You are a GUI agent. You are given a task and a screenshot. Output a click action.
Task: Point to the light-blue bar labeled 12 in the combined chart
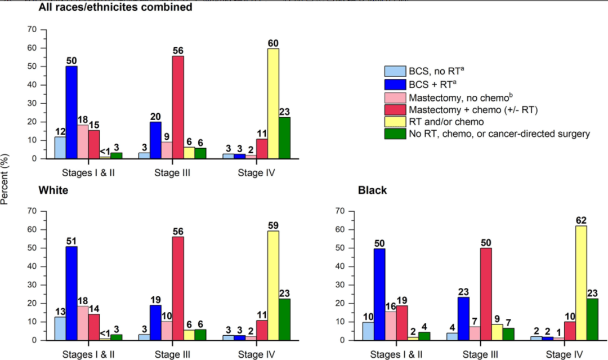[x=60, y=148]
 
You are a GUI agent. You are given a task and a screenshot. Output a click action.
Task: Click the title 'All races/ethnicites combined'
[x=115, y=7]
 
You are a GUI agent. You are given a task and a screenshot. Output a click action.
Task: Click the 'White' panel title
[x=53, y=190]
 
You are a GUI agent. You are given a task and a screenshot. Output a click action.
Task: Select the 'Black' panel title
[x=373, y=190]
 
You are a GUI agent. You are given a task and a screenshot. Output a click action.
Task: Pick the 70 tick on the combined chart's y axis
[x=33, y=29]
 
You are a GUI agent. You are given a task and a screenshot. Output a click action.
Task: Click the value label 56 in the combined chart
[x=178, y=50]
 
